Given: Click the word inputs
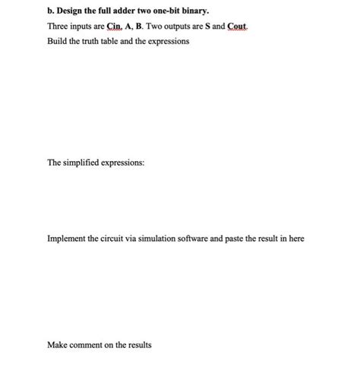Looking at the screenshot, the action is [87, 27].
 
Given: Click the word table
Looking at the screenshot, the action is [122, 41].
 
